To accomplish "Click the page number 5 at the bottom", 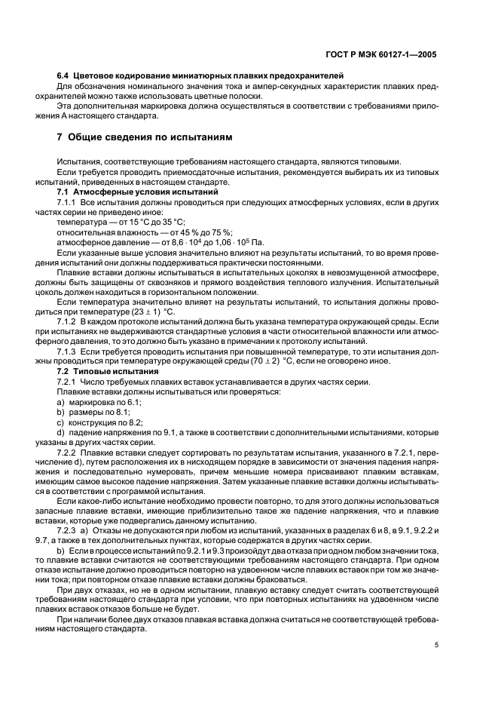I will pos(436,645).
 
